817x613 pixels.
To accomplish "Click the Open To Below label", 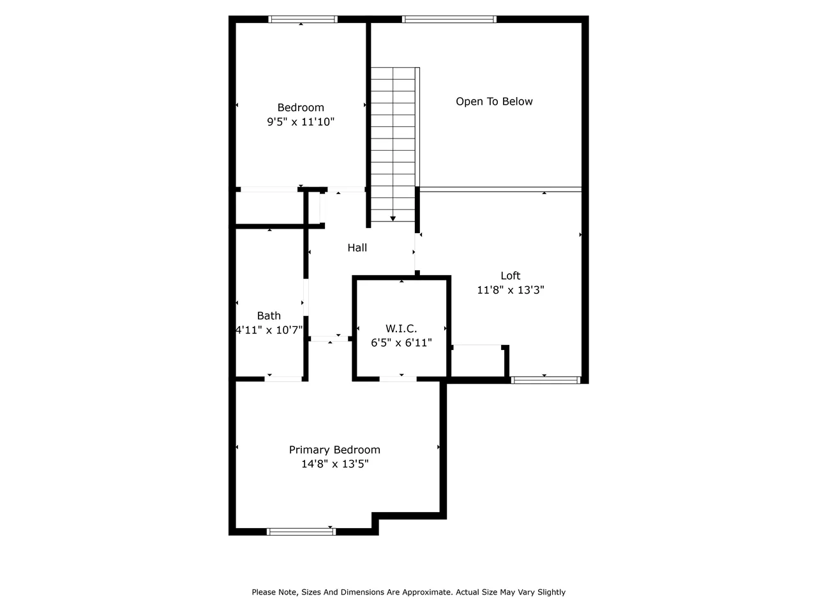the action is pyautogui.click(x=494, y=102).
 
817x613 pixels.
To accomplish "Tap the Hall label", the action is pyautogui.click(x=357, y=248).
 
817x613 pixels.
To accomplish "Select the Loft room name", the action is pyautogui.click(x=510, y=276).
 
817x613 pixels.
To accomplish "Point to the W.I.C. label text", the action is pyautogui.click(x=401, y=329).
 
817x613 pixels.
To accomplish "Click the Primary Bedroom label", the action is pyautogui.click(x=334, y=450).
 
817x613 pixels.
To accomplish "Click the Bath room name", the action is pyautogui.click(x=269, y=315).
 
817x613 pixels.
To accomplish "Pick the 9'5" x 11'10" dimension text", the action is pyautogui.click(x=301, y=122).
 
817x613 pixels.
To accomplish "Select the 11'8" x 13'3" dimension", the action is pyautogui.click(x=510, y=290).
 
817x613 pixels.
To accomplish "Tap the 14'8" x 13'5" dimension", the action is pyautogui.click(x=334, y=464).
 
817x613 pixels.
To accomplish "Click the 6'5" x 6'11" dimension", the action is pyautogui.click(x=401, y=343).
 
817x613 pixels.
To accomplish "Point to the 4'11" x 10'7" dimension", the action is pyautogui.click(x=269, y=329).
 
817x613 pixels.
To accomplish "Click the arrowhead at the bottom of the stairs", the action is pyautogui.click(x=393, y=219).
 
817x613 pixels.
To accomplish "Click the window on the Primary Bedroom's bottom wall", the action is pyautogui.click(x=301, y=532).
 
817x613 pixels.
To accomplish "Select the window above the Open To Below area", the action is pyautogui.click(x=449, y=19).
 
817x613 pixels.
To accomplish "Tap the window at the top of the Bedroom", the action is pyautogui.click(x=303, y=19).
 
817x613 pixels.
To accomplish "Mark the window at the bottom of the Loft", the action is pyautogui.click(x=545, y=380).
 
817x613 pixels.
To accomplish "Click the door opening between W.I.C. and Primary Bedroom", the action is pyautogui.click(x=398, y=379).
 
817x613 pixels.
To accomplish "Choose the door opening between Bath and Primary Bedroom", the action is pyautogui.click(x=283, y=379).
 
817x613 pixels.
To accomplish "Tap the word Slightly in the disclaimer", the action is pyautogui.click(x=551, y=592).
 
